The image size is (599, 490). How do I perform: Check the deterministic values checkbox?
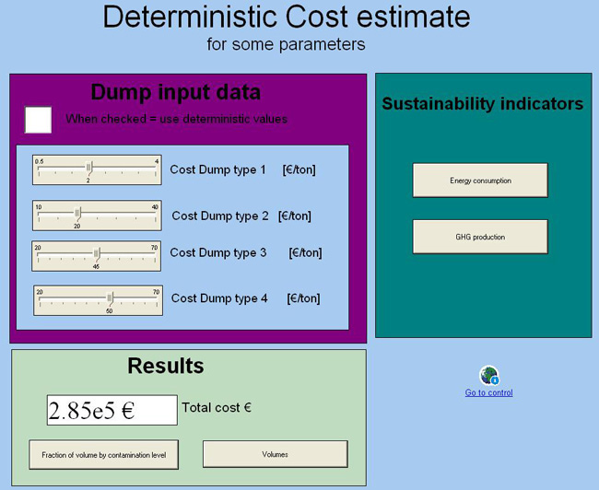(x=38, y=120)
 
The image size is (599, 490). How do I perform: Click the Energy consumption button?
(x=480, y=181)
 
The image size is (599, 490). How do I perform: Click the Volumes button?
(x=275, y=454)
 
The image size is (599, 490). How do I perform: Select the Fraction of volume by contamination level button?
(x=104, y=455)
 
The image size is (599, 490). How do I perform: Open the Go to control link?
(x=488, y=392)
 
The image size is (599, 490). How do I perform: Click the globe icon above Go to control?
(x=489, y=376)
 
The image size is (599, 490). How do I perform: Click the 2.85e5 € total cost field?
(x=112, y=410)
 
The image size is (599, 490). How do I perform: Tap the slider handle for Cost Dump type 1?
(x=89, y=167)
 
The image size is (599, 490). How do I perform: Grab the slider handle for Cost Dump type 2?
(x=77, y=213)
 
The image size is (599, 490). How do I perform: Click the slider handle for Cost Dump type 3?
(x=97, y=253)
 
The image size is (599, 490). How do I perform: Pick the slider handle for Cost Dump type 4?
(x=110, y=297)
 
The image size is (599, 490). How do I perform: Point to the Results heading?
(x=166, y=366)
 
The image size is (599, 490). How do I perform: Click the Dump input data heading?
(x=176, y=92)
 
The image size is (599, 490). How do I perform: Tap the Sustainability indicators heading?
(x=483, y=104)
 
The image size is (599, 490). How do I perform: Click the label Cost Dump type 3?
(x=218, y=253)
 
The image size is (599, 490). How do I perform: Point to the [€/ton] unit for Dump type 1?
(x=299, y=169)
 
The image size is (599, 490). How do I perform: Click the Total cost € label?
(x=217, y=407)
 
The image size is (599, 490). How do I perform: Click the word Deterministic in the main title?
(x=191, y=17)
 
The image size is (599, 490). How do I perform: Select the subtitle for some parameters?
(x=286, y=44)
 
